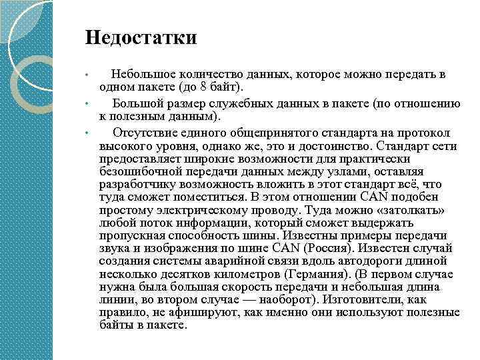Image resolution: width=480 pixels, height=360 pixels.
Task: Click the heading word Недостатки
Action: pyautogui.click(x=141, y=37)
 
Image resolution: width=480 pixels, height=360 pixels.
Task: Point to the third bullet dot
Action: pyautogui.click(x=87, y=132)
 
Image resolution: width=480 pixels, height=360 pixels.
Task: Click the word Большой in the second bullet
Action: pyautogui.click(x=138, y=103)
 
